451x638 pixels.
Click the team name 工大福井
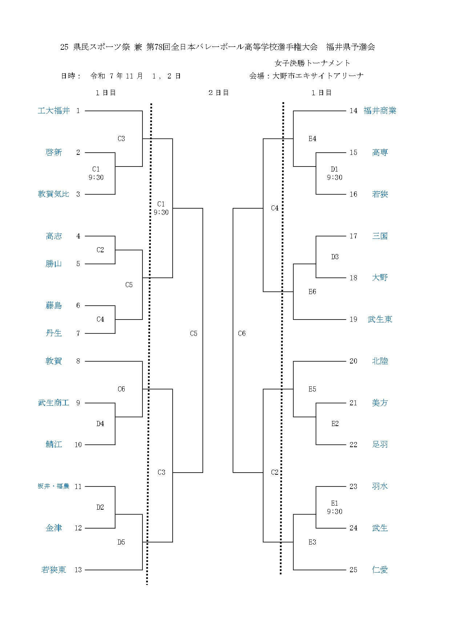pyautogui.click(x=53, y=111)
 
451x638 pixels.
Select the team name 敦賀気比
pyautogui.click(x=53, y=194)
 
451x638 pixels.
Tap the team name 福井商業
pyautogui.click(x=380, y=111)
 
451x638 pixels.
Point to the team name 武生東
pyautogui.click(x=380, y=319)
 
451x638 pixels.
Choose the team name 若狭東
pyautogui.click(x=53, y=570)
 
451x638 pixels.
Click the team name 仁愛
pyautogui.click(x=380, y=570)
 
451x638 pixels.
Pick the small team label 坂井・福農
pyautogui.click(x=53, y=486)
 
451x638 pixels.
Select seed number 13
pyautogui.click(x=78, y=570)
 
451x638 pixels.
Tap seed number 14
pyautogui.click(x=353, y=111)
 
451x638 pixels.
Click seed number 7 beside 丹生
pyautogui.click(x=78, y=333)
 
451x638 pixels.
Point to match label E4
pyautogui.click(x=312, y=139)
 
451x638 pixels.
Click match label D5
pyautogui.click(x=121, y=542)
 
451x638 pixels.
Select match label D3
pyautogui.click(x=335, y=257)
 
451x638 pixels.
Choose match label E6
pyautogui.click(x=312, y=292)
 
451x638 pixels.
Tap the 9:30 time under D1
pyautogui.click(x=334, y=177)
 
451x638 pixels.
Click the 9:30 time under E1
pyautogui.click(x=334, y=511)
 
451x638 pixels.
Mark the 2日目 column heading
pyautogui.click(x=218, y=93)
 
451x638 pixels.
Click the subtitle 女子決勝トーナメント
pyautogui.click(x=313, y=63)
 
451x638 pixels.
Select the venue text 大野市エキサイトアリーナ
pyautogui.click(x=318, y=76)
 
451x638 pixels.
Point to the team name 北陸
pyautogui.click(x=380, y=361)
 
